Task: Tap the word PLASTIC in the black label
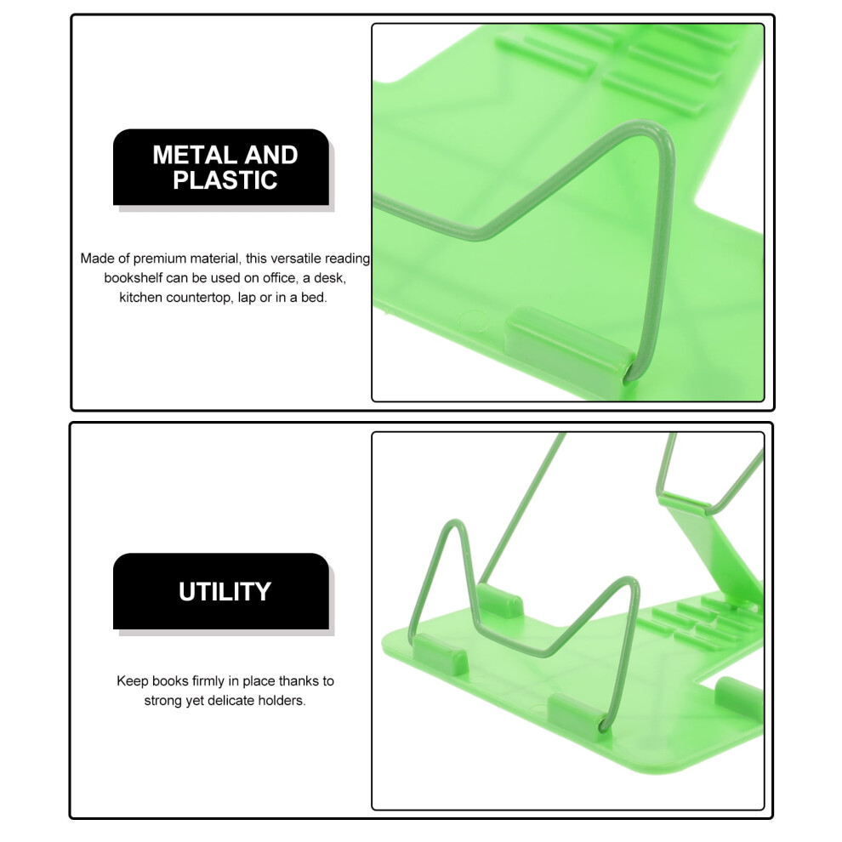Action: [x=225, y=180]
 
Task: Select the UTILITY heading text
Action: [x=225, y=592]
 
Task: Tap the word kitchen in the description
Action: [x=140, y=297]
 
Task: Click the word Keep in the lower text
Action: [x=133, y=681]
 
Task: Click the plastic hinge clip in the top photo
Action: [x=569, y=344]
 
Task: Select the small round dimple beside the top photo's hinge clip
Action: [x=475, y=321]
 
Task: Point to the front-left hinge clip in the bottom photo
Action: [x=441, y=655]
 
